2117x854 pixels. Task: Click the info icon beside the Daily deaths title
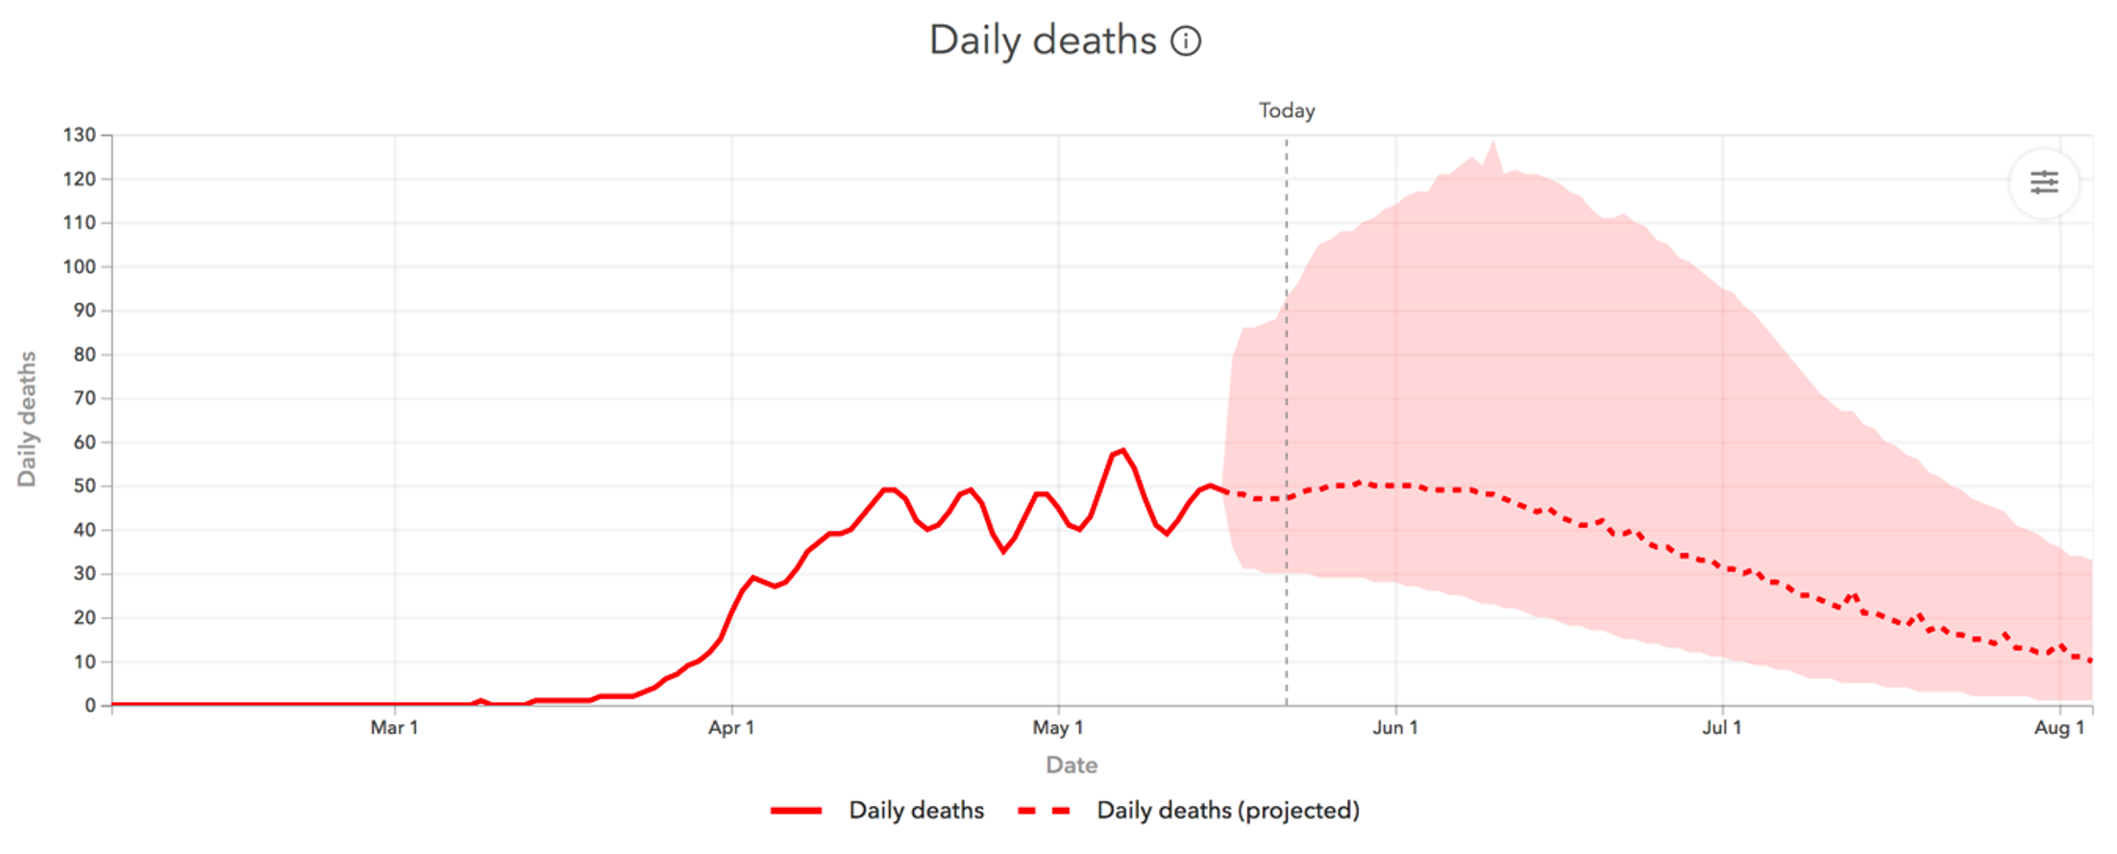tap(1186, 41)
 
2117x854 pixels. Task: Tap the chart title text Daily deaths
tap(1043, 41)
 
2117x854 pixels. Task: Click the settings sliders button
tap(2044, 182)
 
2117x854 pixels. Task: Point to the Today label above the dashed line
tap(1287, 111)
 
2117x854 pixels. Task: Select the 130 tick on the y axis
tap(80, 135)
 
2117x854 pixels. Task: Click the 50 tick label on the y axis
tap(85, 486)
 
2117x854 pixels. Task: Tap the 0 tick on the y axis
tap(90, 705)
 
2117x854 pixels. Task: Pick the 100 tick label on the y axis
tap(80, 266)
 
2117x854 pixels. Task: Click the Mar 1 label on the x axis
tap(394, 728)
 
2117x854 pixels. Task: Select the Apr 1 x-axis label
tap(731, 728)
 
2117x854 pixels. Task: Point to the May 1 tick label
tap(1058, 728)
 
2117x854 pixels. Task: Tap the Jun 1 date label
tap(1395, 728)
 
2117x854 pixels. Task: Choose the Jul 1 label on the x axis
tap(1722, 728)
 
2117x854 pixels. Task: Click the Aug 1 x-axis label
tap(2059, 728)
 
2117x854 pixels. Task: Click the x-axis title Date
tap(1071, 766)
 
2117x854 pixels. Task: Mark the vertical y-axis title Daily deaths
tap(27, 419)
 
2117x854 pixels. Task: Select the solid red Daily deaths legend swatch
tap(796, 811)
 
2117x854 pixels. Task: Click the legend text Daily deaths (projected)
tap(1228, 811)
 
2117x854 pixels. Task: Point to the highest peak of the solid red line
tap(1122, 449)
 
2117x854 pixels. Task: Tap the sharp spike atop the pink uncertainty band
tap(1493, 142)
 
